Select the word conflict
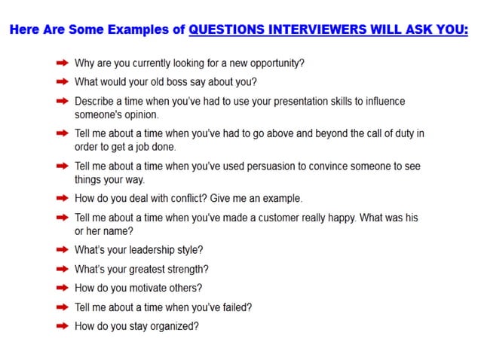pos(170,198)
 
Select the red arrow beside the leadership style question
pos(63,250)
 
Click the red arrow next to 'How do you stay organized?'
pos(63,326)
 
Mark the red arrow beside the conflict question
pos(63,198)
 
